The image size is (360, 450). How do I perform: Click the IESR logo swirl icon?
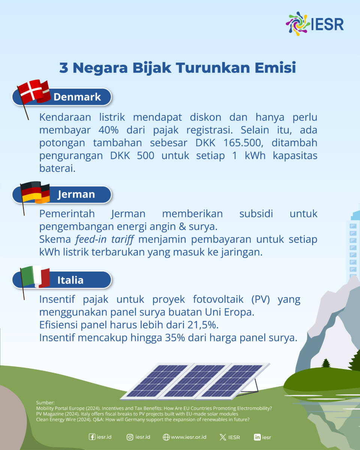(298, 24)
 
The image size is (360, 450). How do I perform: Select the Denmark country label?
(77, 97)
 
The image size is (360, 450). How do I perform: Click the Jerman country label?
(76, 195)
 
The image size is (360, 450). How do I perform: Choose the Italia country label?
(70, 280)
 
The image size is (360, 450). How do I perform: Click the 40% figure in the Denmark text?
(109, 130)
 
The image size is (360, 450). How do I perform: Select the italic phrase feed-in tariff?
(104, 240)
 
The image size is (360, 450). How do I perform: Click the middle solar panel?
(195, 381)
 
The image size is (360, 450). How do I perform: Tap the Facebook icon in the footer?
(92, 437)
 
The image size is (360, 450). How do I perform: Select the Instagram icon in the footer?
(130, 437)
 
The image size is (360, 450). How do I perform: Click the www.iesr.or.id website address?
(189, 437)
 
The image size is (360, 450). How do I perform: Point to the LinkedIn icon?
(257, 437)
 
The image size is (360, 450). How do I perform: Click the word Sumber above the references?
(45, 402)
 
